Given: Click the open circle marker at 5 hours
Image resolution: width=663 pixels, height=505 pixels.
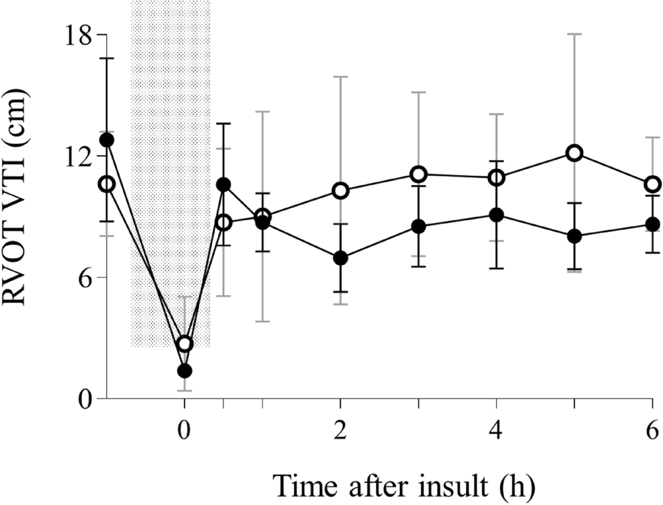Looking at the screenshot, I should (x=574, y=153).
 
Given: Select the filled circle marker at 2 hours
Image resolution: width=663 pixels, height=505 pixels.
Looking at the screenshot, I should (x=340, y=258).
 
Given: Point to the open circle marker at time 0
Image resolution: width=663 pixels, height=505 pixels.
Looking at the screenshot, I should (x=185, y=344).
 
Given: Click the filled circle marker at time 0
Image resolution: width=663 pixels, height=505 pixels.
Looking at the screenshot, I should (x=185, y=371).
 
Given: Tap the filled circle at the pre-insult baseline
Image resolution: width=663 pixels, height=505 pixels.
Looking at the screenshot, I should (x=107, y=140).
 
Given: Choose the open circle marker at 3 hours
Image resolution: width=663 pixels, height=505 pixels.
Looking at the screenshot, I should (x=418, y=175).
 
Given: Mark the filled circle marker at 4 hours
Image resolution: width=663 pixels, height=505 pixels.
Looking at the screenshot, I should (x=496, y=215).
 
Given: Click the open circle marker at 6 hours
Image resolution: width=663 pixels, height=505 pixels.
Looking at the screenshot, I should (x=652, y=184).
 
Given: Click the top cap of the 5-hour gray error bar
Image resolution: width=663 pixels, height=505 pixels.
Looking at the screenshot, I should (x=574, y=34).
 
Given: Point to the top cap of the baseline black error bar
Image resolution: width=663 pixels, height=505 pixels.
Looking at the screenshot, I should (x=107, y=58).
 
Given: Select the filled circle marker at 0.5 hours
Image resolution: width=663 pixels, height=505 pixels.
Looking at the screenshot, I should (x=223, y=184).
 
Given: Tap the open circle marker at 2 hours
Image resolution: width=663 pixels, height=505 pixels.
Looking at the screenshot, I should (x=340, y=190).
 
